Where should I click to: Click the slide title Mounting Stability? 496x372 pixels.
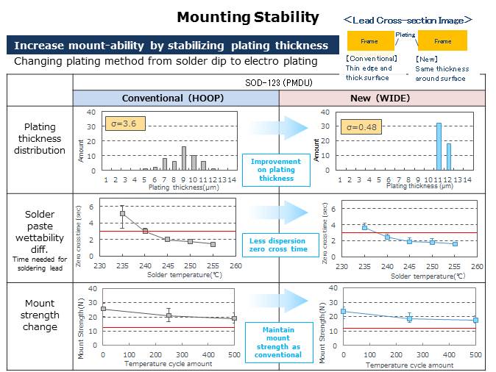point(248,18)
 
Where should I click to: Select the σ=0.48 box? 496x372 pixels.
point(361,127)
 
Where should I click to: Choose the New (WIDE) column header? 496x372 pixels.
point(383,98)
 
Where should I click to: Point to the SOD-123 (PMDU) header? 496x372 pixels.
point(280,83)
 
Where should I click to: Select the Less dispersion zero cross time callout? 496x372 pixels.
point(277,245)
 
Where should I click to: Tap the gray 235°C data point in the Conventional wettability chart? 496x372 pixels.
point(122,214)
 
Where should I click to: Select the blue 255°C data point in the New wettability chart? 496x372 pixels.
point(455,243)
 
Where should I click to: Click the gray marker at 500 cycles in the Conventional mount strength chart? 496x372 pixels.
point(235,318)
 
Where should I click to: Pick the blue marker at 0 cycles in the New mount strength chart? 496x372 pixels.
point(343,312)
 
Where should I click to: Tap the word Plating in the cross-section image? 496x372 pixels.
point(405,35)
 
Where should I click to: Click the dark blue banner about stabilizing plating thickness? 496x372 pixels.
point(170,46)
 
